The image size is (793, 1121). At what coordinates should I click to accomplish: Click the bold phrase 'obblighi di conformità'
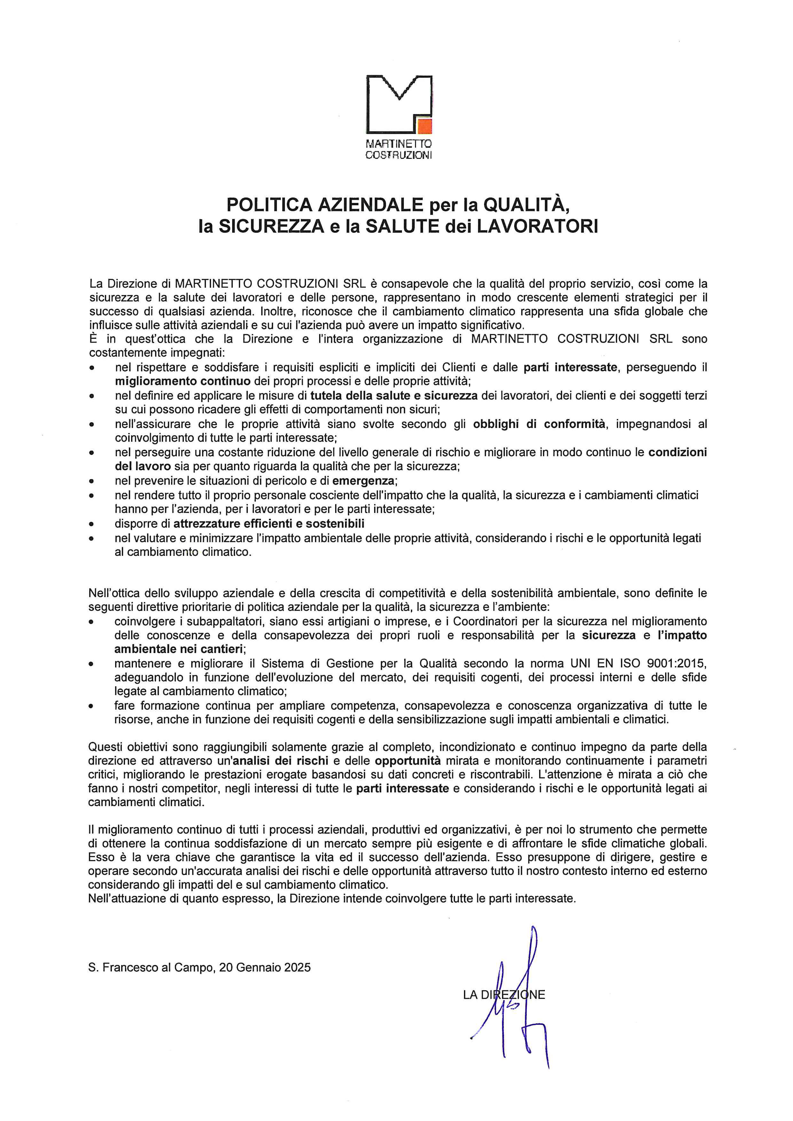click(539, 424)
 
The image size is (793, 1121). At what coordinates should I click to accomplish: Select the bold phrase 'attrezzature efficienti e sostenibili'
click(269, 523)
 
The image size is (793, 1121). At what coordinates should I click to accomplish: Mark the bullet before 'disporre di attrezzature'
click(92, 524)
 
